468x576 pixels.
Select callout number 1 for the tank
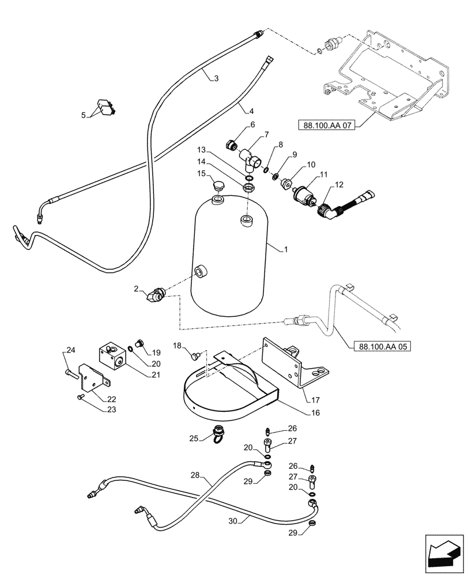pos(286,250)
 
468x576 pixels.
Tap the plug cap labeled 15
pos(218,185)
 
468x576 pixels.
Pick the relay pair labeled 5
pos(104,109)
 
